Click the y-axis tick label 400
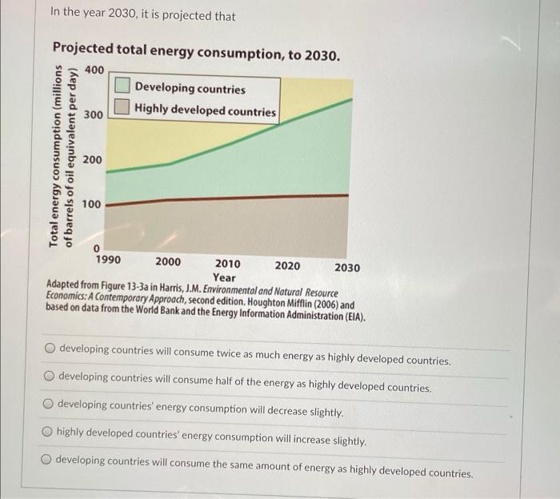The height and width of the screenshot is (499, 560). click(94, 70)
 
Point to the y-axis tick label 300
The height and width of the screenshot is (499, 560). click(94, 115)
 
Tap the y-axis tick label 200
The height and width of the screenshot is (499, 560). click(94, 160)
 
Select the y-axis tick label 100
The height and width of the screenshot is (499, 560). click(94, 205)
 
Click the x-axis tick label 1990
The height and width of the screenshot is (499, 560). click(108, 260)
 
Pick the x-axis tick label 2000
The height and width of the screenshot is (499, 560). click(168, 261)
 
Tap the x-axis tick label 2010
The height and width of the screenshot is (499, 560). click(228, 263)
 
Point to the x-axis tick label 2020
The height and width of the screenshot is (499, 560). click(288, 265)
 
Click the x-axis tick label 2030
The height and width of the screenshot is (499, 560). click(347, 267)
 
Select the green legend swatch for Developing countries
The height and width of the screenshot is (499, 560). click(122, 86)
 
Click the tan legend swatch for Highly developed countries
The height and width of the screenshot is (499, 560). click(122, 106)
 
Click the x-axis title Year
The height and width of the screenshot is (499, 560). click(224, 277)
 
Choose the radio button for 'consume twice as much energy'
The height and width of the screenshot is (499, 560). click(50, 349)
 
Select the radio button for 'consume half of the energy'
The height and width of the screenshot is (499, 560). click(49, 376)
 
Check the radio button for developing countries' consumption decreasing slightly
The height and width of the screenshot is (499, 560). click(48, 404)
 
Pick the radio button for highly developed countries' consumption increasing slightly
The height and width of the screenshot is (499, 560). click(48, 431)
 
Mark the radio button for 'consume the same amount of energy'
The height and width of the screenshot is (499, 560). click(47, 459)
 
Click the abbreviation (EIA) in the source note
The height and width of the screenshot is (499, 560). click(350, 317)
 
